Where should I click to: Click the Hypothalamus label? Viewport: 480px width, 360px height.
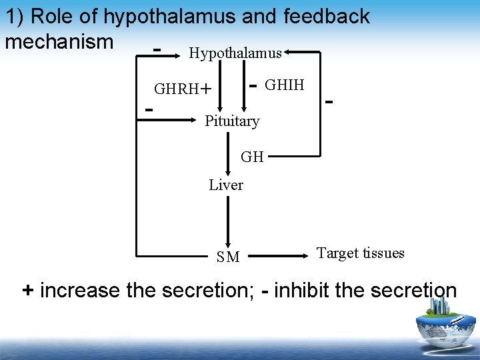click(x=235, y=54)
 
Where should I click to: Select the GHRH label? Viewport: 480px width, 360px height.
click(x=177, y=89)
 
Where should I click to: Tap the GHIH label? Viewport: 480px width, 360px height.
click(x=285, y=85)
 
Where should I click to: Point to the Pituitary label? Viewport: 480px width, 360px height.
click(x=232, y=121)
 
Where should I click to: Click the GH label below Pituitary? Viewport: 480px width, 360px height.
click(x=252, y=157)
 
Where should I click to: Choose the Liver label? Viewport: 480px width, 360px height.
click(x=226, y=185)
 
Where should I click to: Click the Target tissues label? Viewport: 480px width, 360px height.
click(x=360, y=253)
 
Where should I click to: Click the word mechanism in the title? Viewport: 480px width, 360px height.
click(x=59, y=41)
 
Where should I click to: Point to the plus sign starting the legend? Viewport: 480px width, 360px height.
click(x=28, y=291)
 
